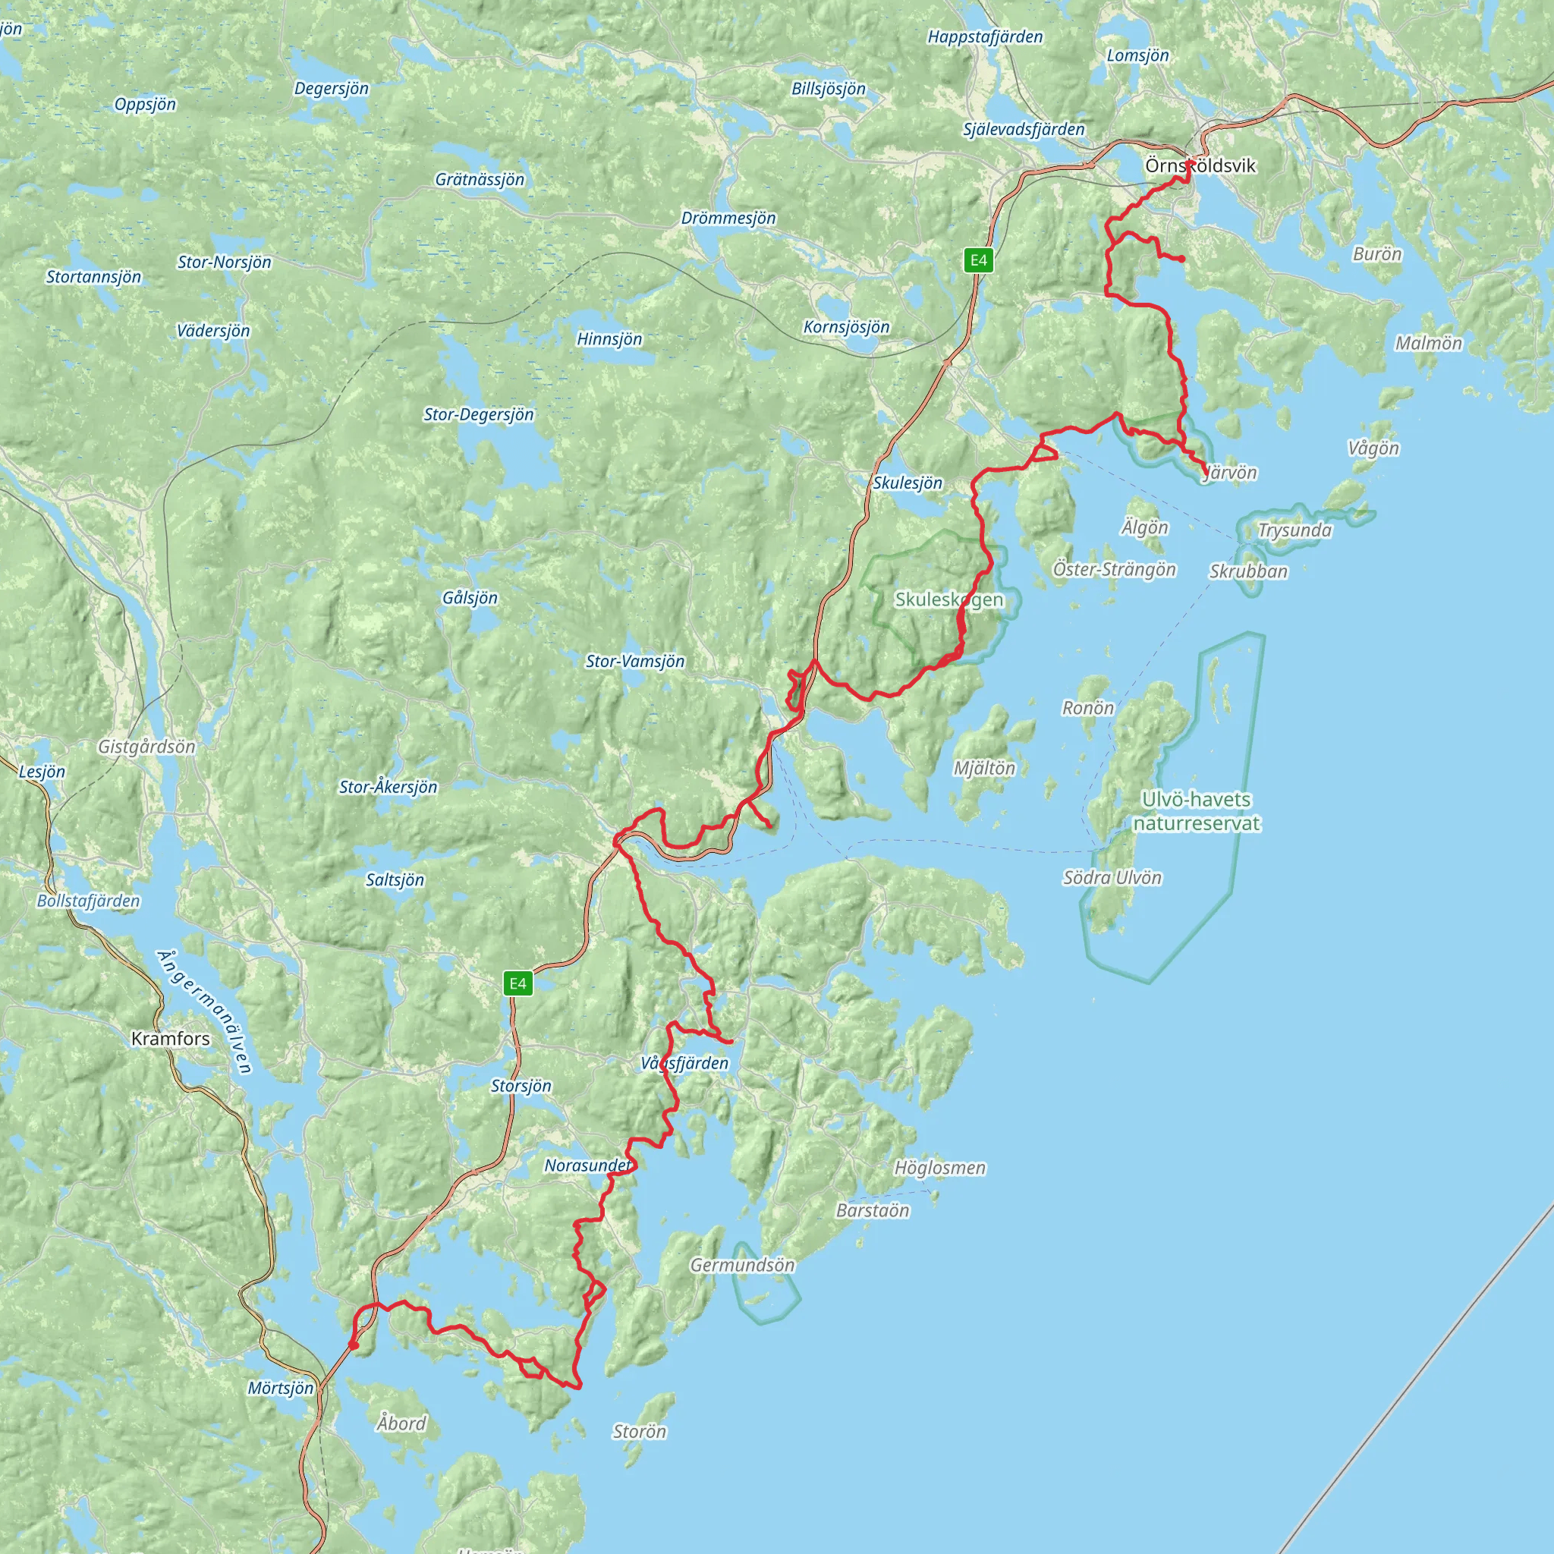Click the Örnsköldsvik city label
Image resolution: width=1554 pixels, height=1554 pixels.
pos(1200,165)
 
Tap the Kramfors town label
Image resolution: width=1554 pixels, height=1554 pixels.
pos(171,1039)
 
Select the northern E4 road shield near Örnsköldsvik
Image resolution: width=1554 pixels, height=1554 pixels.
pos(978,260)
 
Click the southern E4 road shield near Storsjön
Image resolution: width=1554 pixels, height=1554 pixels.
pos(518,983)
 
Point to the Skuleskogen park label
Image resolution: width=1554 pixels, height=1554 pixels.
pos(949,599)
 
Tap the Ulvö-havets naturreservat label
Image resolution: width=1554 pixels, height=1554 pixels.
pos(1196,811)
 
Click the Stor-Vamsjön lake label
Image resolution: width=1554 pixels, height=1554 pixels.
pos(634,661)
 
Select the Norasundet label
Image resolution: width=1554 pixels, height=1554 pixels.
pos(588,1165)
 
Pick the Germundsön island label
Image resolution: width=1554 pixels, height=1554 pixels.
pos(742,1265)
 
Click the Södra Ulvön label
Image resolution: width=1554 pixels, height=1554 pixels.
pos(1112,878)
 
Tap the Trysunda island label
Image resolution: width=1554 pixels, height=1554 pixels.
pos(1294,530)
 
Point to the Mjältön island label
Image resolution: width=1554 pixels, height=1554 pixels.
pos(984,768)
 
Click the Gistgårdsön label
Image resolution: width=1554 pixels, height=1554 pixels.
pos(146,747)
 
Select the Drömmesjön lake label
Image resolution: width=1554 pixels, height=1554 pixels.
pos(728,218)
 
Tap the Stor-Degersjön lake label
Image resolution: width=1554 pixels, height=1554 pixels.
pos(479,414)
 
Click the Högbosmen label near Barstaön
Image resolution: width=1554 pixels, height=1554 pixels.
pos(939,1167)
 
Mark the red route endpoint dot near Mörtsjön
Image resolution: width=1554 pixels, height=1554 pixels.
pos(353,1345)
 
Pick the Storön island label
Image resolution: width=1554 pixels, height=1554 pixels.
pos(640,1431)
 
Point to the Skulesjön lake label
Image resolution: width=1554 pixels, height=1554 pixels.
pos(908,483)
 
